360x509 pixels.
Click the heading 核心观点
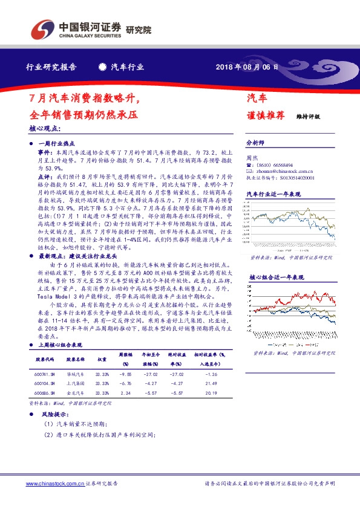coord(45,129)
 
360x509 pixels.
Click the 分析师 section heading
coord(255,143)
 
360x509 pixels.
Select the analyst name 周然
coord(253,158)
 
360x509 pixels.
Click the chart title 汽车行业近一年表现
coord(273,194)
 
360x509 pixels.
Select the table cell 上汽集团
coord(75,383)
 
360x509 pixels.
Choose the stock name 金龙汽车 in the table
coord(75,392)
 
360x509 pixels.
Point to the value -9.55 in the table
coord(125,374)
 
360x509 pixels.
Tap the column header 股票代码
coord(45,358)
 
